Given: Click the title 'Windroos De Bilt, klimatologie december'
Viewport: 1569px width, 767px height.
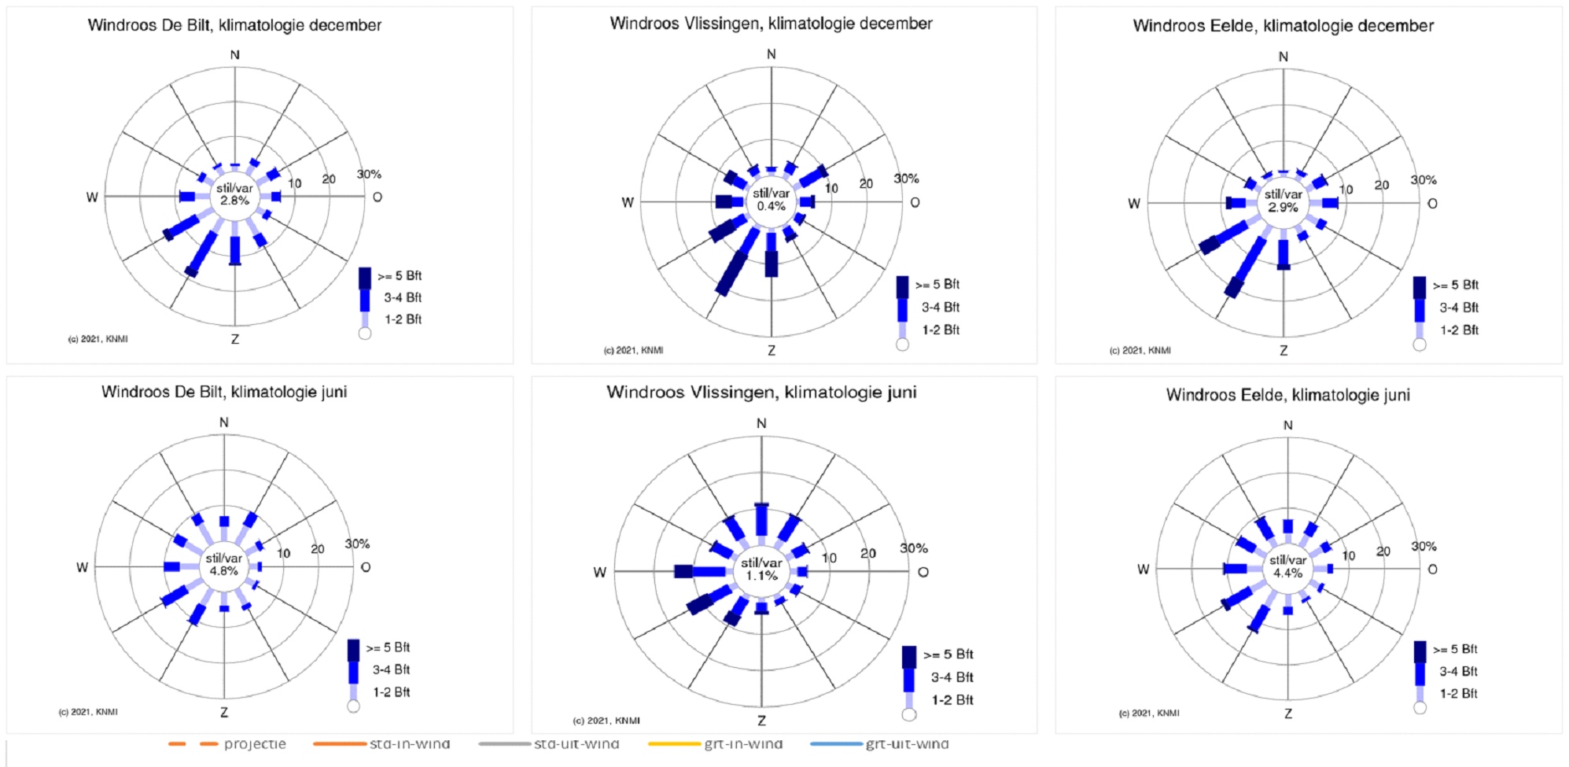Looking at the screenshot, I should pos(234,25).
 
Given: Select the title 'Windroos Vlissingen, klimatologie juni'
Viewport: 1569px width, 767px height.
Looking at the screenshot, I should pos(761,392).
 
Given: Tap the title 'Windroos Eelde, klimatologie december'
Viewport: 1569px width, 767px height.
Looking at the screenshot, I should pos(1283,26).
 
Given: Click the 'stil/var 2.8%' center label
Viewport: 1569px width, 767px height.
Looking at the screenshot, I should pos(234,194).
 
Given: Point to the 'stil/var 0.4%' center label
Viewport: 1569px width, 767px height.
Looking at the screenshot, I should pos(771,200).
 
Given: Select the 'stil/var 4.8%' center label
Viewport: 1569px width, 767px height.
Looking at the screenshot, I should pos(223,564).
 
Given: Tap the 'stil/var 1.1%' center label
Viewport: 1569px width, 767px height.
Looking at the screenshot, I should pos(761,569).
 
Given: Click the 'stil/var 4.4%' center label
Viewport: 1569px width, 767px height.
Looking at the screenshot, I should pos(1287,566).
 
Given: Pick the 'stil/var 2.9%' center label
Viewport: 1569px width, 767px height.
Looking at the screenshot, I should pos(1283,201).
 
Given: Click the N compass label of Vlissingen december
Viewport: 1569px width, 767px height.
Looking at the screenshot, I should pos(771,54).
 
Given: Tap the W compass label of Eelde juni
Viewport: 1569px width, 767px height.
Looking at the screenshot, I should pos(1143,569).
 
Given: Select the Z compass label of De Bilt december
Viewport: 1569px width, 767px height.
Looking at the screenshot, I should pos(234,339).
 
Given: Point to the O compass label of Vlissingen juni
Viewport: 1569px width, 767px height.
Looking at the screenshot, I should pos(923,572).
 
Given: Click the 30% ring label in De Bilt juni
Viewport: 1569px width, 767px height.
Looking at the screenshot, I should pos(357,544).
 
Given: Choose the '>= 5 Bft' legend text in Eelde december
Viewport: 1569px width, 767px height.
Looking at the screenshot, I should pos(1455,285).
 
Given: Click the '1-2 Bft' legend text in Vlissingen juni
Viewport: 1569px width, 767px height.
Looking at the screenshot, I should pos(952,700).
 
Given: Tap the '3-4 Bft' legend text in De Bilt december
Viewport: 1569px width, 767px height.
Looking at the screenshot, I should pos(403,297).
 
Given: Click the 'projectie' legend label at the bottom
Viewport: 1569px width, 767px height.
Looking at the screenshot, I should pos(255,744).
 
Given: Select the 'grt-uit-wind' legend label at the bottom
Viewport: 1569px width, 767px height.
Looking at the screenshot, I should pos(907,744).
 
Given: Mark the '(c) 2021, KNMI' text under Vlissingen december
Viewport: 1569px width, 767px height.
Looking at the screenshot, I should pos(633,350).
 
